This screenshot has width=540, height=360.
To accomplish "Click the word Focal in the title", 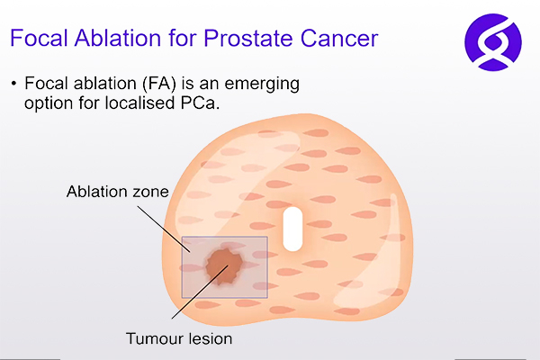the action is tap(39, 38).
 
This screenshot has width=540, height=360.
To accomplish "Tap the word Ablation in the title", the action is tap(117, 38).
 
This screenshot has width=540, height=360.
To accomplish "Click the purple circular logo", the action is tap(493, 42).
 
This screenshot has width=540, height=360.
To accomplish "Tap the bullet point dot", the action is tap(13, 84).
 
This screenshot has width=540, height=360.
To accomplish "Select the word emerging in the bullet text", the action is tap(262, 85).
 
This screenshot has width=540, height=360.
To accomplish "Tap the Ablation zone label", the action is tap(118, 192).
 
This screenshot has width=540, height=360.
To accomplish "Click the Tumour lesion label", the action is tap(179, 338).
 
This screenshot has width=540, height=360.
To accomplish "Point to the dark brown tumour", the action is tap(224, 266).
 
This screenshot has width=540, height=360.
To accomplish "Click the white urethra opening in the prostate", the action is tap(292, 229).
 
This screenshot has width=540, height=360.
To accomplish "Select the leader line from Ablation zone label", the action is tap(164, 229).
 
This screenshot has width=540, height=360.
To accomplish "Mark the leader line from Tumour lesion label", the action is tap(200, 292).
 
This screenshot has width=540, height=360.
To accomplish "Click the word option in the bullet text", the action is tap(49, 103).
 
